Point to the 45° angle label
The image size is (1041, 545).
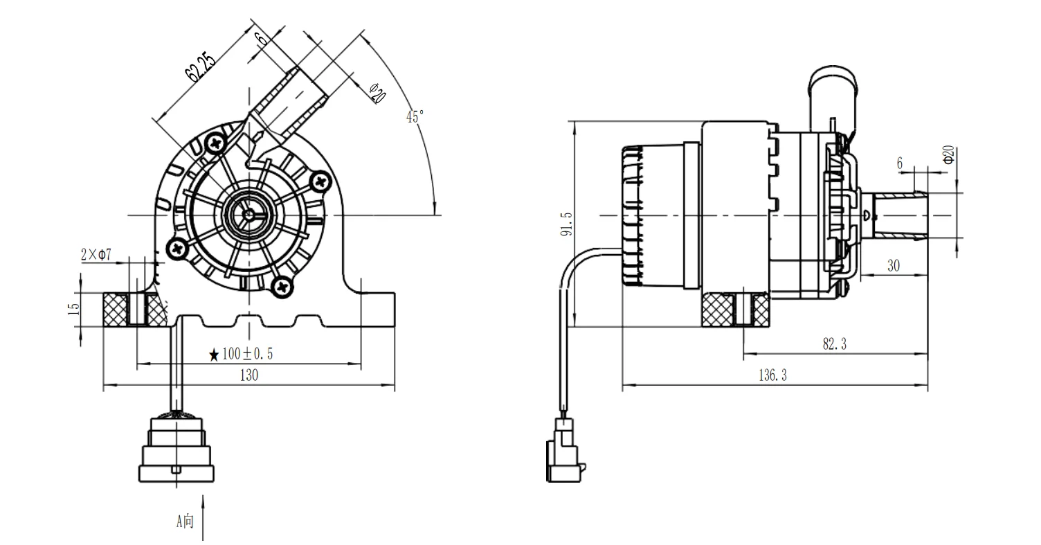(414, 116)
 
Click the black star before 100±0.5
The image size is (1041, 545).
(215, 355)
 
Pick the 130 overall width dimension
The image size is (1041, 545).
(248, 375)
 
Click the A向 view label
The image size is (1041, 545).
(185, 521)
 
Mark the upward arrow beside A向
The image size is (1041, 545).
(203, 517)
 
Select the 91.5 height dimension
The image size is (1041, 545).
(567, 224)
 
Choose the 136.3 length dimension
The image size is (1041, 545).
(772, 375)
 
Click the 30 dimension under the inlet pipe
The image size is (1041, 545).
(893, 266)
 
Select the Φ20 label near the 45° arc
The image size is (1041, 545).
(377, 93)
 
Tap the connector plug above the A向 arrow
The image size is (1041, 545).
(178, 449)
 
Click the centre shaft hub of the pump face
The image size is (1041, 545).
(248, 215)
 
